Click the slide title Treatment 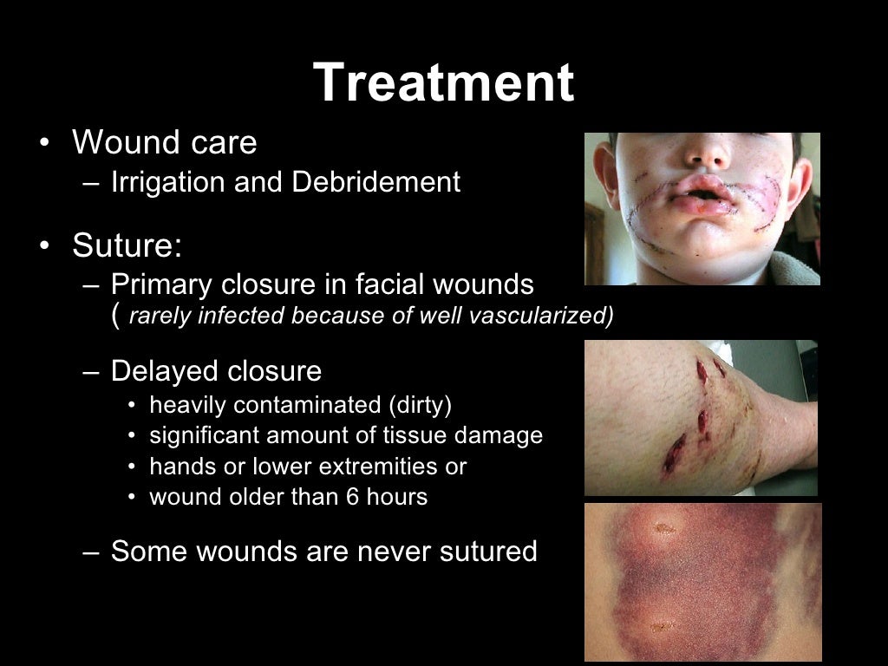click(443, 83)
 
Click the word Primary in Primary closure click(162, 284)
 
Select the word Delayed click(165, 371)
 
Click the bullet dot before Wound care click(44, 144)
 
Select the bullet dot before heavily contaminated click(131, 406)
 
